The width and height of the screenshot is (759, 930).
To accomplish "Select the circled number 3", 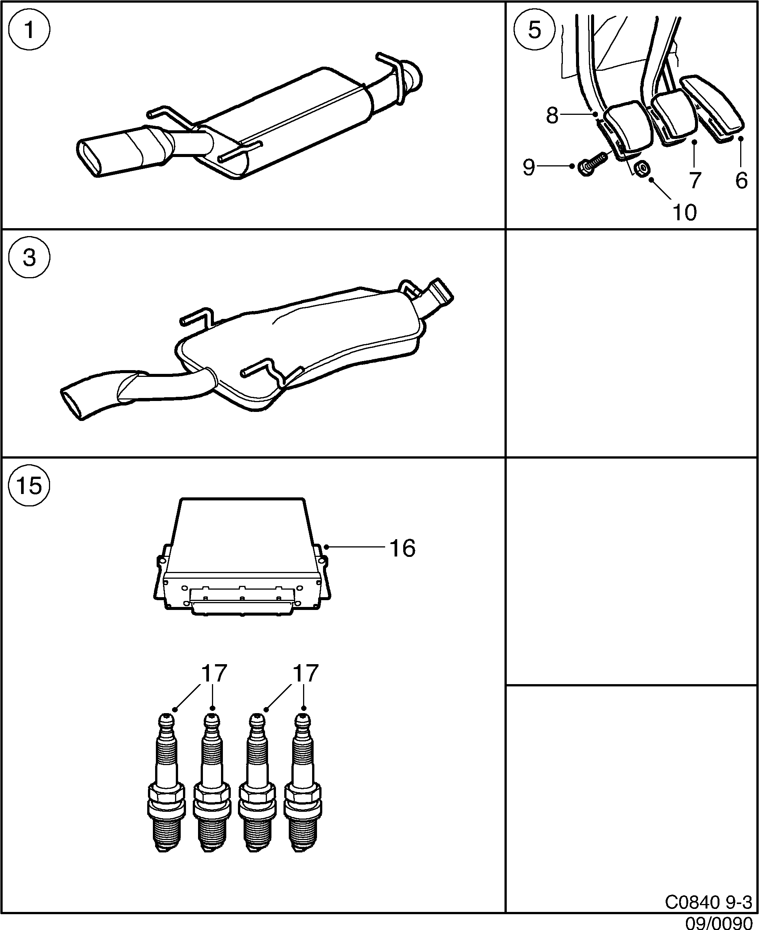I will click(x=29, y=258).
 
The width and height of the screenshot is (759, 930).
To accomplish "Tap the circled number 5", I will click(x=534, y=30).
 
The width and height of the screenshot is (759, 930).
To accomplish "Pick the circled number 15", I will click(x=29, y=485).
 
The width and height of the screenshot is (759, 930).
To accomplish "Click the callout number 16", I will click(x=402, y=548).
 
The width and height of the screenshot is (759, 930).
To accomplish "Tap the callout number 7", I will click(x=695, y=180).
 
